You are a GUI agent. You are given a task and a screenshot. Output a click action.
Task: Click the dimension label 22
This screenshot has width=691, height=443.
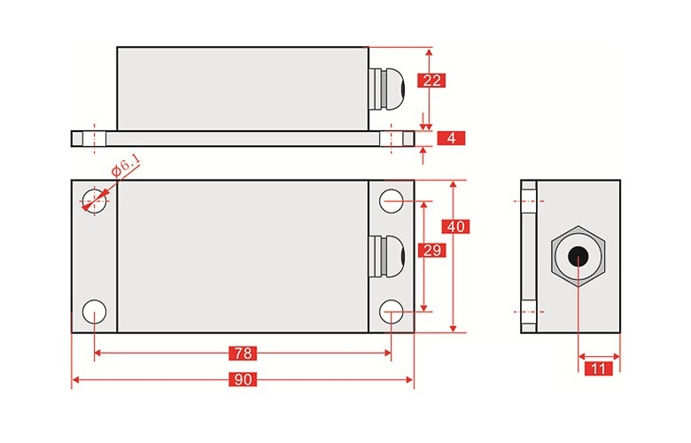click(x=431, y=81)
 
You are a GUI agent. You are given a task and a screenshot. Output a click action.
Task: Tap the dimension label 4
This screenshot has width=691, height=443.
click(x=451, y=138)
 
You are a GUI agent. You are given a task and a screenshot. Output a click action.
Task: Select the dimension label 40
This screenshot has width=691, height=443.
click(x=455, y=226)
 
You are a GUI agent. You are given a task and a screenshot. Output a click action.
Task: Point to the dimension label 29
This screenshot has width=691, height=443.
click(x=431, y=251)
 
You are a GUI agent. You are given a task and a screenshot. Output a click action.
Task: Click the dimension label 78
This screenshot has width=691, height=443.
click(x=242, y=354)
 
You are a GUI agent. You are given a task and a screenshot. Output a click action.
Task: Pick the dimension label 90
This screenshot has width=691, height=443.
click(x=242, y=381)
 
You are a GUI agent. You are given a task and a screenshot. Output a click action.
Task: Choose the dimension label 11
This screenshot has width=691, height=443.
click(x=600, y=368)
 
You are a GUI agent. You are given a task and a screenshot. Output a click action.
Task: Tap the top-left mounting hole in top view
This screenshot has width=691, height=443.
click(x=93, y=201)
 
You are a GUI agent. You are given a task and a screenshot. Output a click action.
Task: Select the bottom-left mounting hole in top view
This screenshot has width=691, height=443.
click(x=93, y=311)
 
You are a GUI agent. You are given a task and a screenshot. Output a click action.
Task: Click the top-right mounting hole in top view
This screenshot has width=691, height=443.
click(x=392, y=201)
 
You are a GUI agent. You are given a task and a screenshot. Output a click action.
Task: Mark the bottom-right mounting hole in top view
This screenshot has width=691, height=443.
click(x=392, y=311)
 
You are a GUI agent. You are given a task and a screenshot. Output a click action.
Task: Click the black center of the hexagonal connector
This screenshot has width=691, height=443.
click(x=578, y=258)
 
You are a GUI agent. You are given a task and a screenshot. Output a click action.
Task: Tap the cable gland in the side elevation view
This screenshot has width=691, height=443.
click(x=385, y=88)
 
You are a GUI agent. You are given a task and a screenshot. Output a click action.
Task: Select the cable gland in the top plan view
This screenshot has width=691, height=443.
click(x=385, y=256)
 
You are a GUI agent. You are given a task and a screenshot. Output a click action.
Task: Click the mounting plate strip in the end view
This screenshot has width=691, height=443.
click(x=529, y=257)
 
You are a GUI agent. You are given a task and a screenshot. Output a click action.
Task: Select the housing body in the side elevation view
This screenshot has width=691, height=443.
click(x=242, y=88)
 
